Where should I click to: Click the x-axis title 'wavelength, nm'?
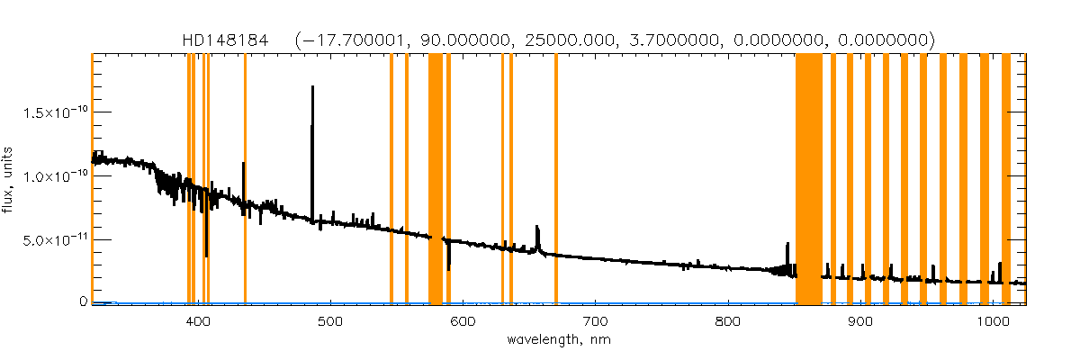click(558, 339)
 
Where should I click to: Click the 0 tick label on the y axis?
click(82, 301)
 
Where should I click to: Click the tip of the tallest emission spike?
click(312, 87)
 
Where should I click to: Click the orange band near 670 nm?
click(556, 180)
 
